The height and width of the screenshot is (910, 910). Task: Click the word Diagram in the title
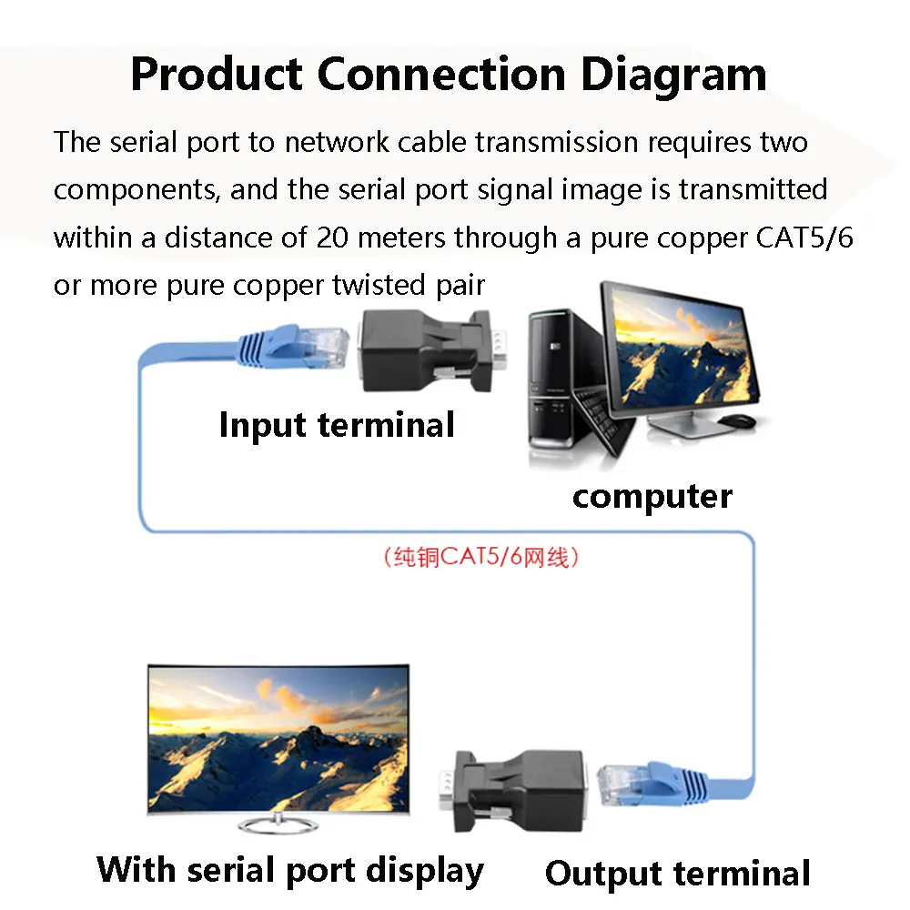pyautogui.click(x=673, y=75)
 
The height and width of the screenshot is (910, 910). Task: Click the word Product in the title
pyautogui.click(x=216, y=75)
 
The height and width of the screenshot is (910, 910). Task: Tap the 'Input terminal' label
pyautogui.click(x=337, y=425)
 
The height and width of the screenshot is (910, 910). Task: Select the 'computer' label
pyautogui.click(x=652, y=497)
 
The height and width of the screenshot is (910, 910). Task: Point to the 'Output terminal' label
pyautogui.click(x=677, y=874)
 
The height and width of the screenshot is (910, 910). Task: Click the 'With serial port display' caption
pyautogui.click(x=290, y=869)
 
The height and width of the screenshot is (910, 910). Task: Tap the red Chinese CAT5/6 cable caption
pyautogui.click(x=481, y=557)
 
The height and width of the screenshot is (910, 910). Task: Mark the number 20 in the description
pyautogui.click(x=332, y=238)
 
